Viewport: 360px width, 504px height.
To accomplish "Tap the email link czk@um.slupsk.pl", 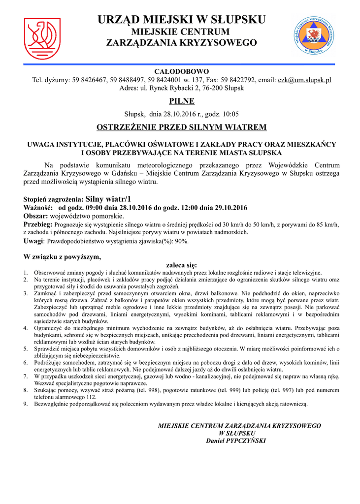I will coord(304,80).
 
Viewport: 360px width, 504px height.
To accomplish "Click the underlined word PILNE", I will coord(182,101).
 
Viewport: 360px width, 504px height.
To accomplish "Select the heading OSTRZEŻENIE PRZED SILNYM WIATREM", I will coord(182,127).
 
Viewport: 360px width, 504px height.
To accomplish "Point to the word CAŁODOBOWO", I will coord(182,71).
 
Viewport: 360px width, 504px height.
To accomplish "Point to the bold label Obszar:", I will coord(36,216).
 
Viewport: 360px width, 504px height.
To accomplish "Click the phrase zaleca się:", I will coord(182,265).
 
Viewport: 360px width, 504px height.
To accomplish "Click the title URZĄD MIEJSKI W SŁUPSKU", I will coord(182,20).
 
